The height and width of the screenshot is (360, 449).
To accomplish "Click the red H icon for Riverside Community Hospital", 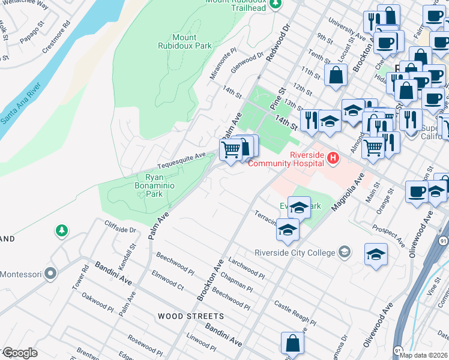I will (333, 158).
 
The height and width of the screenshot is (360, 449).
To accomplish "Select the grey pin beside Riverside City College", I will (345, 252).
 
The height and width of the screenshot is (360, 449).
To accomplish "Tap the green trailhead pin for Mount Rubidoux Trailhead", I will (276, 4).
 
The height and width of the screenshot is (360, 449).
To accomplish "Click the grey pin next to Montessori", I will (51, 274).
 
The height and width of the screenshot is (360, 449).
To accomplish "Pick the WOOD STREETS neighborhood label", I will (191, 316).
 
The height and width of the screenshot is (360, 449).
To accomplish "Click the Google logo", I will (19, 352).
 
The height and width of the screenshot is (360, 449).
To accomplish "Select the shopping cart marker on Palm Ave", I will (231, 149).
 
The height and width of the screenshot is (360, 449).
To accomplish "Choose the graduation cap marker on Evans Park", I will (299, 208).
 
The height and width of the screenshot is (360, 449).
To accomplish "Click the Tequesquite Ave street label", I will (181, 161).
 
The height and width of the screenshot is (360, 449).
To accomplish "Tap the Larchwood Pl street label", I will (246, 268).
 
